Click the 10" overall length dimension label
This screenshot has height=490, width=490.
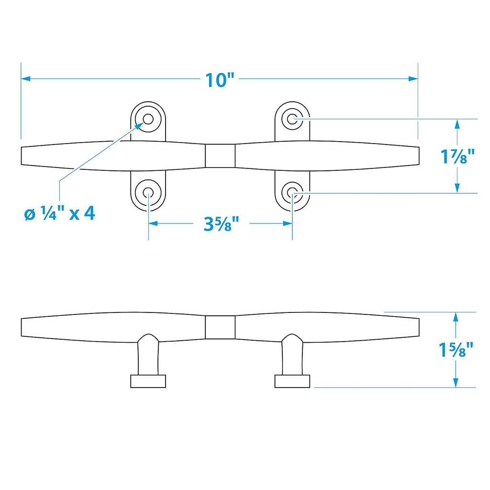click(x=220, y=80)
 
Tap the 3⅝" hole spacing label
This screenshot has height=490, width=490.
click(x=221, y=224)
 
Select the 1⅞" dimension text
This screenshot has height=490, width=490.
click(x=457, y=156)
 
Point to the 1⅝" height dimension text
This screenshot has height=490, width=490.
click(x=456, y=350)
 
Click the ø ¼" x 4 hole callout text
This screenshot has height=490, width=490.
click(x=60, y=214)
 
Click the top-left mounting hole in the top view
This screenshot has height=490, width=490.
click(x=148, y=119)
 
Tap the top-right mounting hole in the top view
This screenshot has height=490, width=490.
click(x=292, y=119)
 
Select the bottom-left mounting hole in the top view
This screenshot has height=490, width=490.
click(x=148, y=192)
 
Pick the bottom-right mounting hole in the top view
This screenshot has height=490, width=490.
click(x=292, y=192)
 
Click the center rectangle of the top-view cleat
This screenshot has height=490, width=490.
click(x=220, y=156)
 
